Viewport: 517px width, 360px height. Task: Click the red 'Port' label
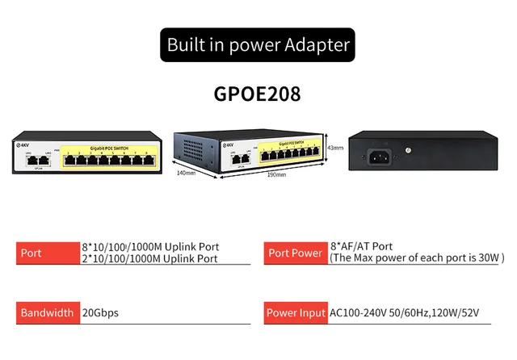click(47, 253)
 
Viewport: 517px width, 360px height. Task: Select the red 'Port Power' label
click(295, 253)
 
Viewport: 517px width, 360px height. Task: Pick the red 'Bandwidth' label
click(47, 312)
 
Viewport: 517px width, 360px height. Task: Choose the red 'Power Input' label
click(295, 312)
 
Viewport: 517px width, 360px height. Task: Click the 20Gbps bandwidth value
click(100, 312)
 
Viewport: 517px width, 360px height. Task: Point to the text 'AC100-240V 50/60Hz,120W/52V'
click(410, 312)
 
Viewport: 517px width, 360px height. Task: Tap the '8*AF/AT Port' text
click(361, 246)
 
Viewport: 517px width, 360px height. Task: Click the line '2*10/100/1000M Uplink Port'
click(149, 258)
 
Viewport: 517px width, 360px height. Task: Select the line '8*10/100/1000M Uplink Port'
click(150, 246)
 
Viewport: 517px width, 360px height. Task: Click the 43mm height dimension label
click(335, 148)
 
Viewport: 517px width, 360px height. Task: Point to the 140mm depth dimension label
click(187, 172)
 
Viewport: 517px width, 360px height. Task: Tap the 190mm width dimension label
click(276, 174)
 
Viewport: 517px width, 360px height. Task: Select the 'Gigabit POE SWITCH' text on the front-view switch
click(108, 148)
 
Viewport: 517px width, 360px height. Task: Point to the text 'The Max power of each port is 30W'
click(416, 258)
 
